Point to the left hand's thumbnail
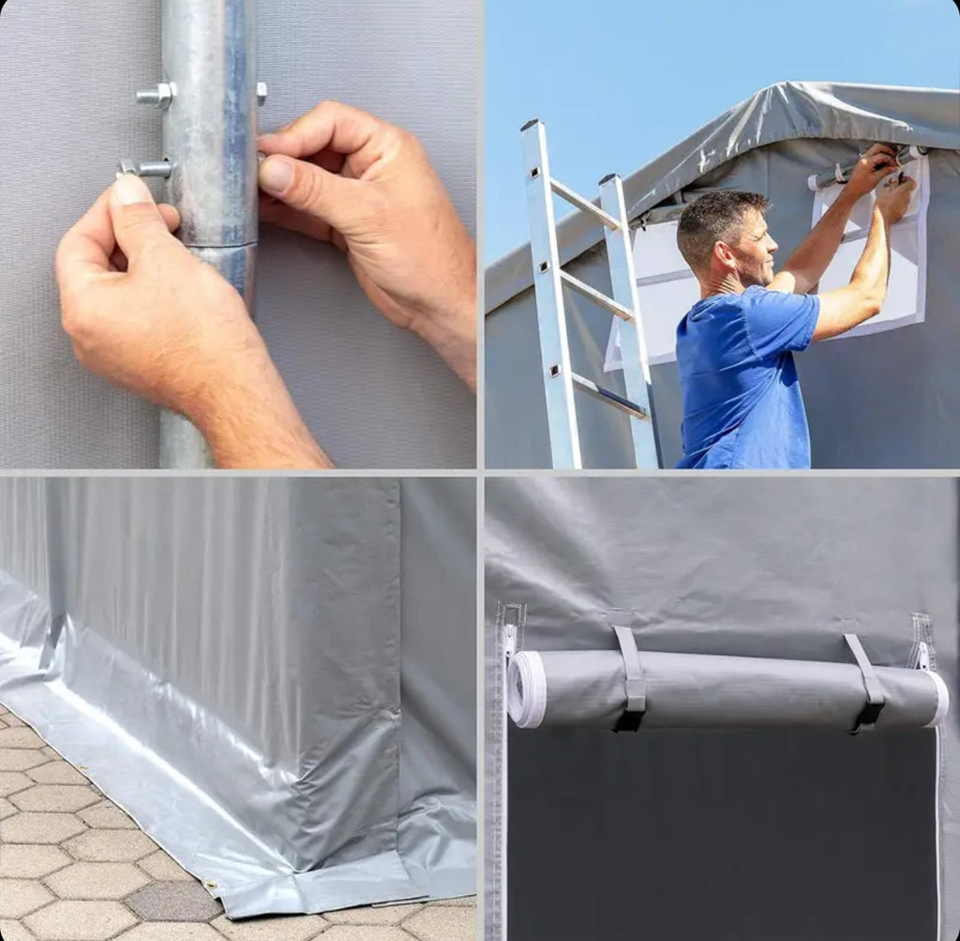tap(130, 190)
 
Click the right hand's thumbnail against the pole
tap(275, 175)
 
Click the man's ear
tap(722, 250)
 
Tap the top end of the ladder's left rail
tap(532, 126)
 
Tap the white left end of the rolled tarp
tap(526, 689)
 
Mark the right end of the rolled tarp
tap(937, 699)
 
